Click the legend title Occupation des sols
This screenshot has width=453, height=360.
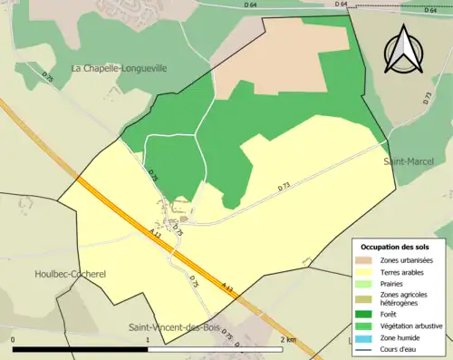point(395,246)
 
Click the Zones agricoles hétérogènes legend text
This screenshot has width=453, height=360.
point(404,298)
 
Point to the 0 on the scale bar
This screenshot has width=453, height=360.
point(14,339)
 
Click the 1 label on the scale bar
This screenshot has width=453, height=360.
point(148,339)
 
